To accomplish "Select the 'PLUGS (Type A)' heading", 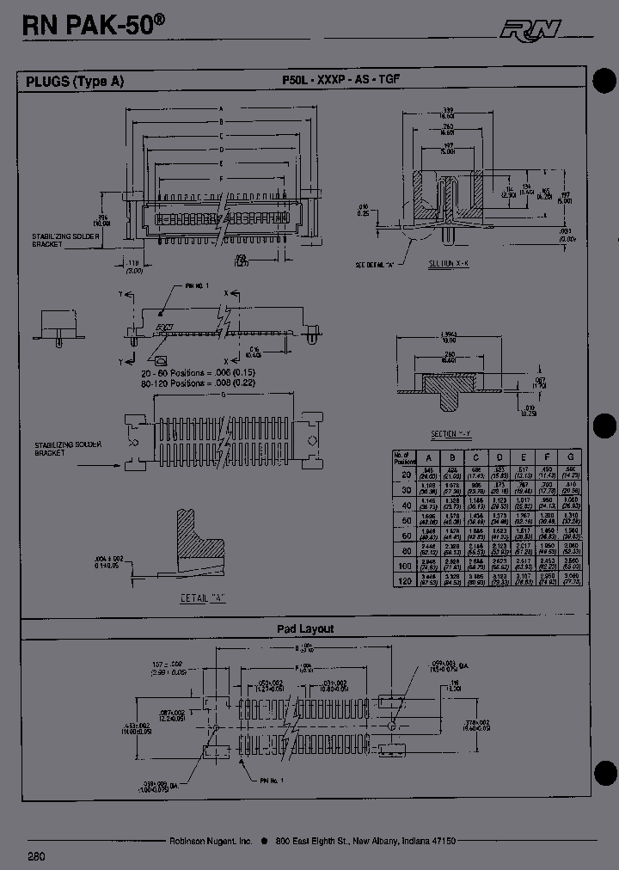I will coord(75,82).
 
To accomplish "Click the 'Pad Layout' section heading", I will coord(305,628).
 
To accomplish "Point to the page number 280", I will coord(37,856).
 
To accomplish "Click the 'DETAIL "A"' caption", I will coord(203,597).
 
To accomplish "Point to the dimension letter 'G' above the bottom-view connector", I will coord(224,395).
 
